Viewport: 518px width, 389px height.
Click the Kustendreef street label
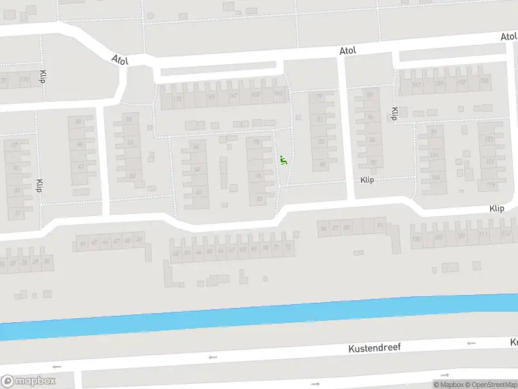[x=374, y=348]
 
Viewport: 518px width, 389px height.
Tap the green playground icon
[x=283, y=159]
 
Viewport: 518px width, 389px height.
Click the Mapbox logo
[x=28, y=381]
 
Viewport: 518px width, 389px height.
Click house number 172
[x=177, y=99]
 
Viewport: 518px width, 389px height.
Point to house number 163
[x=278, y=95]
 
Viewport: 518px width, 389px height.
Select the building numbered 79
[x=319, y=97]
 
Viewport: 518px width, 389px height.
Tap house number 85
[x=322, y=164]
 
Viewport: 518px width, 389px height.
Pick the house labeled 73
[x=259, y=199]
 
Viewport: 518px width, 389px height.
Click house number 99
[x=433, y=132]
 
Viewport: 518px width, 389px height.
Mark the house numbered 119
[x=491, y=184]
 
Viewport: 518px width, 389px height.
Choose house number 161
[x=417, y=84]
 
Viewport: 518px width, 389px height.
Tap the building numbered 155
[x=484, y=80]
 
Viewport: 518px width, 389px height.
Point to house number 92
[x=372, y=162]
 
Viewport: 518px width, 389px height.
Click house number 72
[x=287, y=247]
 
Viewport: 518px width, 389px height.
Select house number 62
[x=175, y=253]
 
